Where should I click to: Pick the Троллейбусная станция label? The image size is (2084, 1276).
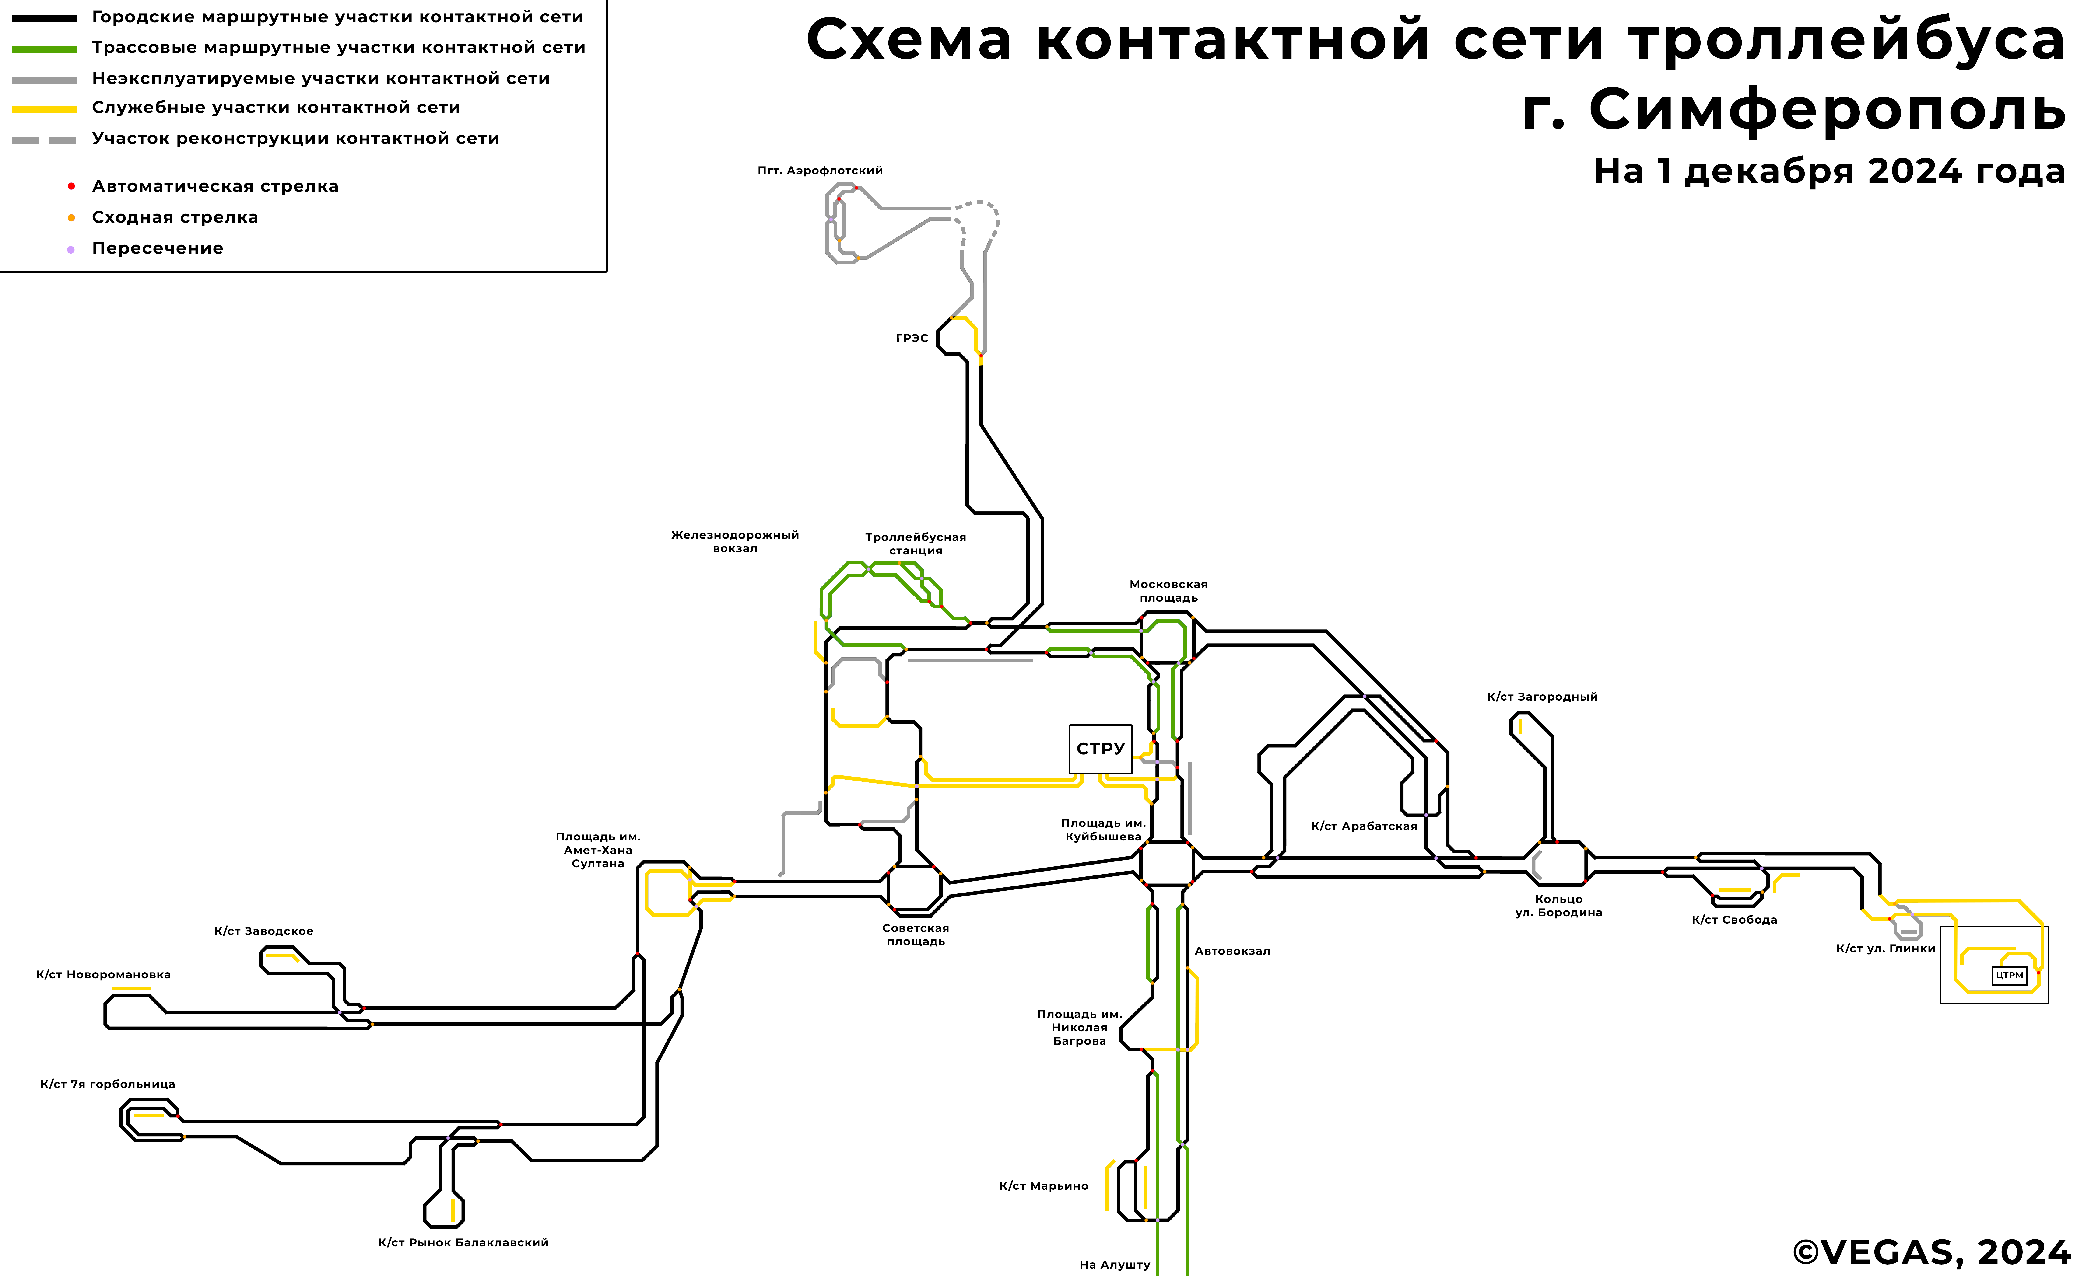[x=915, y=544]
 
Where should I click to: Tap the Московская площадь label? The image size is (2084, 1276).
[x=1168, y=591]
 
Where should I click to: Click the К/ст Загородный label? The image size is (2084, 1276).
[x=1542, y=697]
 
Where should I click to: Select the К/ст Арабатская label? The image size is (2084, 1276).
[x=1363, y=826]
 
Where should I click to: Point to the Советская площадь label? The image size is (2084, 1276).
[x=915, y=934]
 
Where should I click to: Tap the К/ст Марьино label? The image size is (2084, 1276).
[x=1044, y=1186]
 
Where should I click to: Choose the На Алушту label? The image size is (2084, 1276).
[x=1115, y=1265]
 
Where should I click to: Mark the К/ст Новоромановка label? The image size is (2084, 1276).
[x=103, y=975]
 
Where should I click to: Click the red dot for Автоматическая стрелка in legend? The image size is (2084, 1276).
[x=71, y=186]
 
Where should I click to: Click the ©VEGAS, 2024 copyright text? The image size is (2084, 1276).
[x=1931, y=1252]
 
